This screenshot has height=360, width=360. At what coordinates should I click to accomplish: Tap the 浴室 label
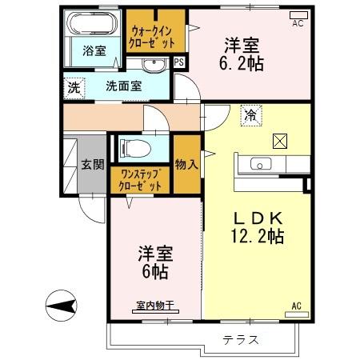[x=94, y=51]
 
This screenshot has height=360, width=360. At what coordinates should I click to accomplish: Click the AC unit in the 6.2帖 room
[x=298, y=14]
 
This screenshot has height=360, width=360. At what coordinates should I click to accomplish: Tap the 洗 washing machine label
[x=73, y=87]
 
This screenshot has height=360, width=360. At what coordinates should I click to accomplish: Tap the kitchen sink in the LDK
[x=262, y=164]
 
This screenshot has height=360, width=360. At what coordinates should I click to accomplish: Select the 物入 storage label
[x=187, y=164]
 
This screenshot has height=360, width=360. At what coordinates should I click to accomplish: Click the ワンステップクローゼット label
[x=141, y=178]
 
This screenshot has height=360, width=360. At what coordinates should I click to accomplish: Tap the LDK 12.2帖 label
[x=258, y=227]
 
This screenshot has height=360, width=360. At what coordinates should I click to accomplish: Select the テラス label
[x=241, y=340]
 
